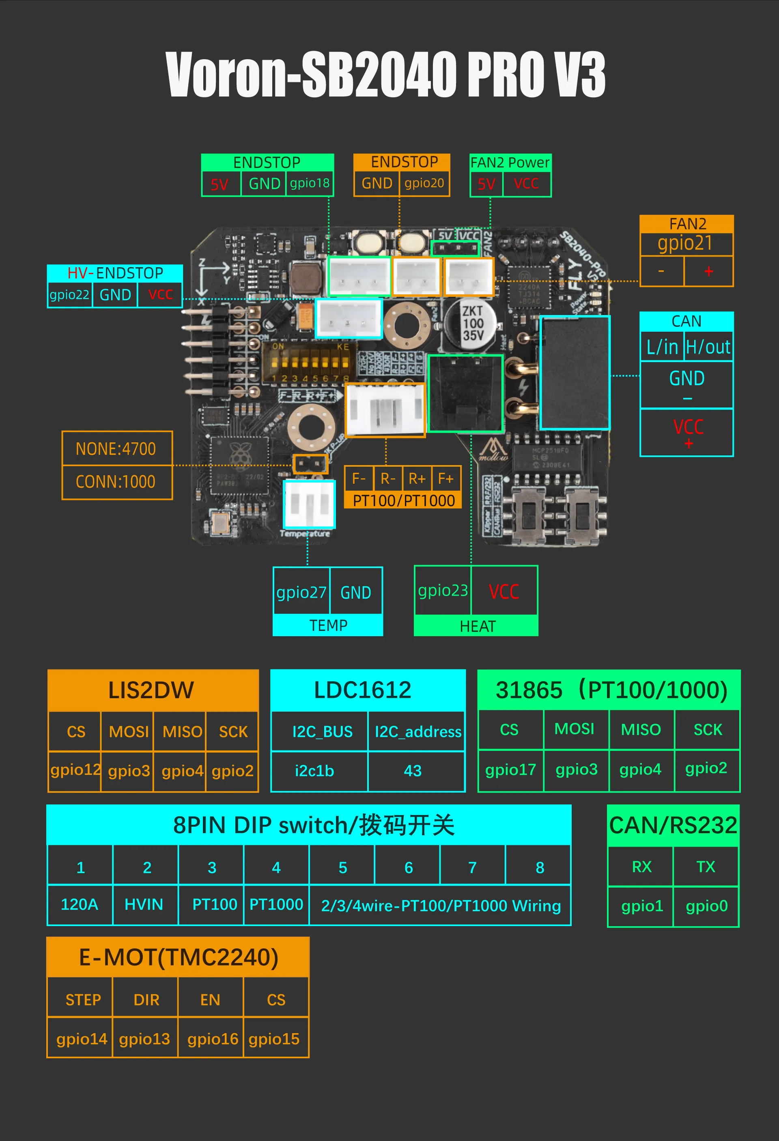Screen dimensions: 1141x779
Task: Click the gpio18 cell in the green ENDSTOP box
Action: (310, 184)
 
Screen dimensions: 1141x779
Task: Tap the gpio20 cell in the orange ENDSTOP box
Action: (424, 184)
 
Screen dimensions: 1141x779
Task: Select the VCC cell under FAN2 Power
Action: (526, 184)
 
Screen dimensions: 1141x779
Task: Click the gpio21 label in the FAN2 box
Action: (685, 244)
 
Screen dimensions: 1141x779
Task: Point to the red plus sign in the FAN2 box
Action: (708, 271)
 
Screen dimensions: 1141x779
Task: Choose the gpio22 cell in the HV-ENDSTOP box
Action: (69, 295)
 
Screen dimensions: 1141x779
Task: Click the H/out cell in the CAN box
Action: (708, 347)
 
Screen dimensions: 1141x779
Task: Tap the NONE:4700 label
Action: (116, 449)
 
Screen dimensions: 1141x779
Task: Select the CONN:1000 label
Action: (116, 482)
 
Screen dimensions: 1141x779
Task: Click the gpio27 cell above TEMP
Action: (301, 592)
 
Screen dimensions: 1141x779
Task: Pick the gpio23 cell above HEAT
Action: (443, 591)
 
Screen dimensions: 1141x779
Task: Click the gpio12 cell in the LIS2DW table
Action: (75, 770)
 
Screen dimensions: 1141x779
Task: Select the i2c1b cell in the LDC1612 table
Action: (314, 771)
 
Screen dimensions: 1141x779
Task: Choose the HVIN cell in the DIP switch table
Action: (144, 904)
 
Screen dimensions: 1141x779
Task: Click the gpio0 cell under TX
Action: (706, 906)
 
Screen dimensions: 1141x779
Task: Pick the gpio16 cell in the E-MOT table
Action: (212, 1039)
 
